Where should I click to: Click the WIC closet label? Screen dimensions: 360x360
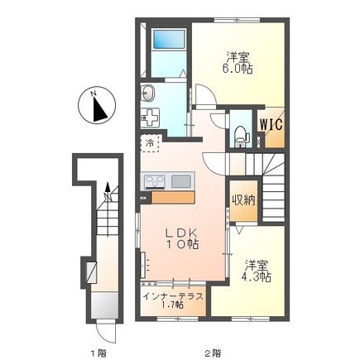click(271, 124)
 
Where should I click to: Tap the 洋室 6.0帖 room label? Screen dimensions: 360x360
click(238, 63)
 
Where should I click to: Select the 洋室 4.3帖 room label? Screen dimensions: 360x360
click(257, 271)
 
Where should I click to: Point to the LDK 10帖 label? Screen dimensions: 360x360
click(182, 239)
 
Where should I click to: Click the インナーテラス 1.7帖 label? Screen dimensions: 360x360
click(173, 300)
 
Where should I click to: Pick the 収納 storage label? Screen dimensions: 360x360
click(243, 200)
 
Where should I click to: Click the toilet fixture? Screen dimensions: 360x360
click(241, 137)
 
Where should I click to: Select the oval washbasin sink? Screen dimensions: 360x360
click(148, 94)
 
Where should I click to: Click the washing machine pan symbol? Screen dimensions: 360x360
click(150, 118)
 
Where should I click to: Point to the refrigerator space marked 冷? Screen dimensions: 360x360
click(150, 143)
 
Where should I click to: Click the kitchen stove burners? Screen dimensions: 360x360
click(154, 182)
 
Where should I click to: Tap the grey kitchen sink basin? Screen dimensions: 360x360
click(180, 181)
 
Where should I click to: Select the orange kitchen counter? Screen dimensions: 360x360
click(173, 198)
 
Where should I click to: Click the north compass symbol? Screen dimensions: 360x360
click(97, 105)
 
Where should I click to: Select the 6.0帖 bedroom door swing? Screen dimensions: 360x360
click(204, 95)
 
